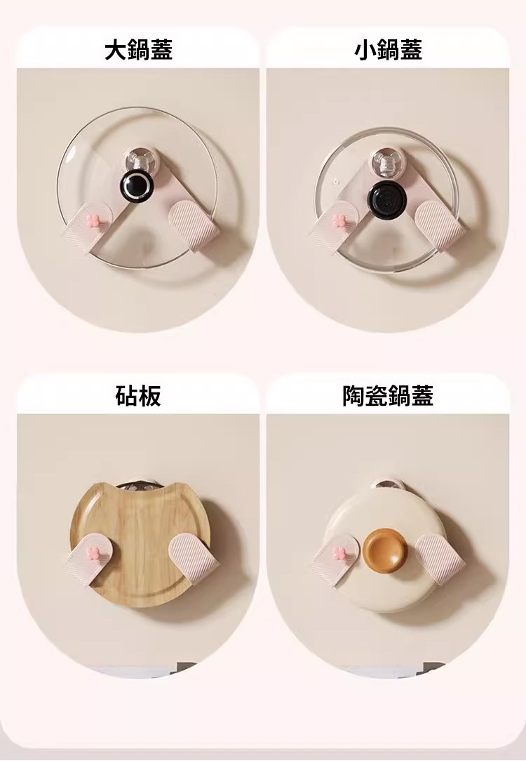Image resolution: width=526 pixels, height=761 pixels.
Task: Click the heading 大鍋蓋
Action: [139, 50]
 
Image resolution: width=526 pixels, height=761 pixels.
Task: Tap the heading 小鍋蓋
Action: [388, 50]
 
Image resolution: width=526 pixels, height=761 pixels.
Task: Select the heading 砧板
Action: [138, 395]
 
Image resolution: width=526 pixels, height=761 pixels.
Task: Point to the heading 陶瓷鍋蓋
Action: [388, 395]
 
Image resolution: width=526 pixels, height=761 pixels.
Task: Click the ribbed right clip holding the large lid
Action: [194, 225]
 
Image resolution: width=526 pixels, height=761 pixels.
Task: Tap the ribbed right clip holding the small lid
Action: [440, 225]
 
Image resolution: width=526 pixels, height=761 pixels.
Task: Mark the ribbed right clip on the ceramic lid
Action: [440, 557]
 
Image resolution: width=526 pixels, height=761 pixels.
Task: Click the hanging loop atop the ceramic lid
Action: [386, 484]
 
